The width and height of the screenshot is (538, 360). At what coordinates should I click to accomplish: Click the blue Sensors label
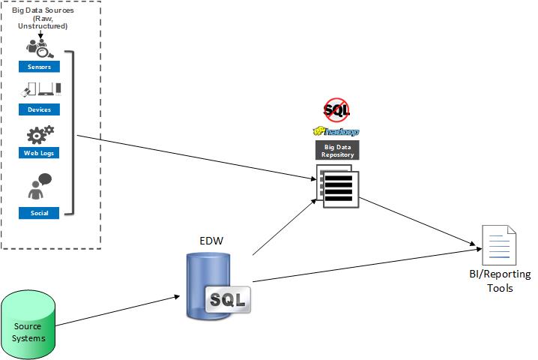(39, 67)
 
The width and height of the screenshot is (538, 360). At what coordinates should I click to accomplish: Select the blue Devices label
(39, 109)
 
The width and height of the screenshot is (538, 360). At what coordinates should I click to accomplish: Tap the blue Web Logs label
(39, 153)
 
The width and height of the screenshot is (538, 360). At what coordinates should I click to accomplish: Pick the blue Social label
(39, 213)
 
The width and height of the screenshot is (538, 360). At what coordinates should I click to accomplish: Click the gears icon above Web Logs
(40, 136)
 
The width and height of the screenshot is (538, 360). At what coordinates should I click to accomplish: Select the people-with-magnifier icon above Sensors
(39, 47)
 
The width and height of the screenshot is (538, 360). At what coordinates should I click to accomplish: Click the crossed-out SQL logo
(336, 110)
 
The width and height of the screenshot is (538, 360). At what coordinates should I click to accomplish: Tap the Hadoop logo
(336, 132)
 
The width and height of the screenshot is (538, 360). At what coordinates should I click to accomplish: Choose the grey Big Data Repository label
(336, 149)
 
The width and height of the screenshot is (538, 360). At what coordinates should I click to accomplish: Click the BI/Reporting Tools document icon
(498, 244)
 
